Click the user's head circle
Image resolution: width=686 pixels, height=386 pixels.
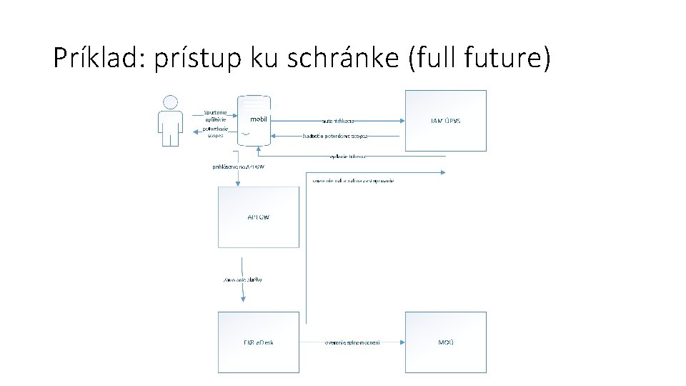click(x=170, y=103)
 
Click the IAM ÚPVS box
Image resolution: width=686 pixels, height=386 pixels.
click(x=446, y=120)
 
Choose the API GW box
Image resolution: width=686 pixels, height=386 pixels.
click(x=259, y=217)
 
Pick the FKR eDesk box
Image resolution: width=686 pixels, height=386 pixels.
click(x=259, y=342)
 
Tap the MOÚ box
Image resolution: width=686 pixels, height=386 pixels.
click(x=446, y=342)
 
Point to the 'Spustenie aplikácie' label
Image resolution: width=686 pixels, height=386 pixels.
click(x=215, y=117)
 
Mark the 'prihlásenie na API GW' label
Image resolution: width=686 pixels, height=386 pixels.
click(x=238, y=167)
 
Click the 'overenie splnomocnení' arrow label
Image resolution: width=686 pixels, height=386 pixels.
click(x=352, y=342)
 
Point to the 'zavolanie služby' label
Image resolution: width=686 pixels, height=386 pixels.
click(x=244, y=279)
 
